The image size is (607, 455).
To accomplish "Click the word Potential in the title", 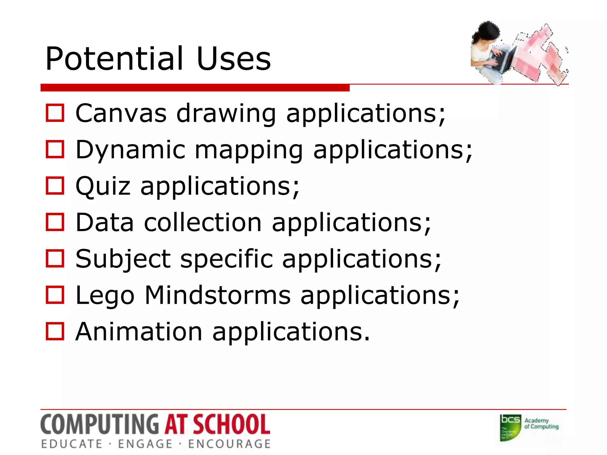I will [x=114, y=59].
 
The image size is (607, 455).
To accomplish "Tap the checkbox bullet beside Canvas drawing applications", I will [x=55, y=113].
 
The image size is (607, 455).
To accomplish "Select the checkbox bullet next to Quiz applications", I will [x=55, y=186].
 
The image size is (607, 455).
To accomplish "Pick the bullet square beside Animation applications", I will [x=55, y=331].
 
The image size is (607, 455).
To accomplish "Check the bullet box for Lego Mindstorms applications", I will [x=55, y=295].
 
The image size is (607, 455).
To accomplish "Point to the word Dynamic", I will [x=130, y=150].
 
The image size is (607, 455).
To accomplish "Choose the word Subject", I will [x=123, y=259].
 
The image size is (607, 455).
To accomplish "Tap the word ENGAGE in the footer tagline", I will [x=145, y=444].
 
